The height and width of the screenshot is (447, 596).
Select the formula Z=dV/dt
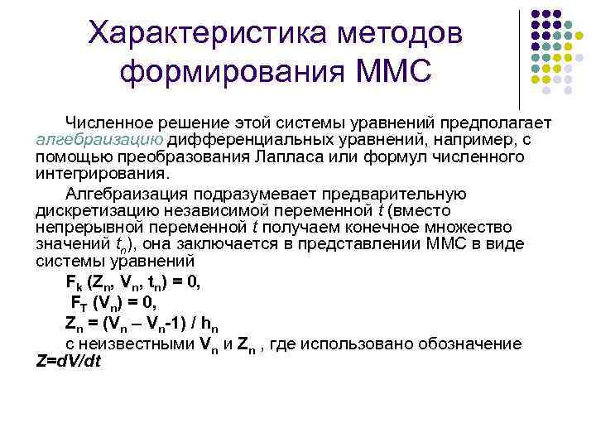tap(69, 361)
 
